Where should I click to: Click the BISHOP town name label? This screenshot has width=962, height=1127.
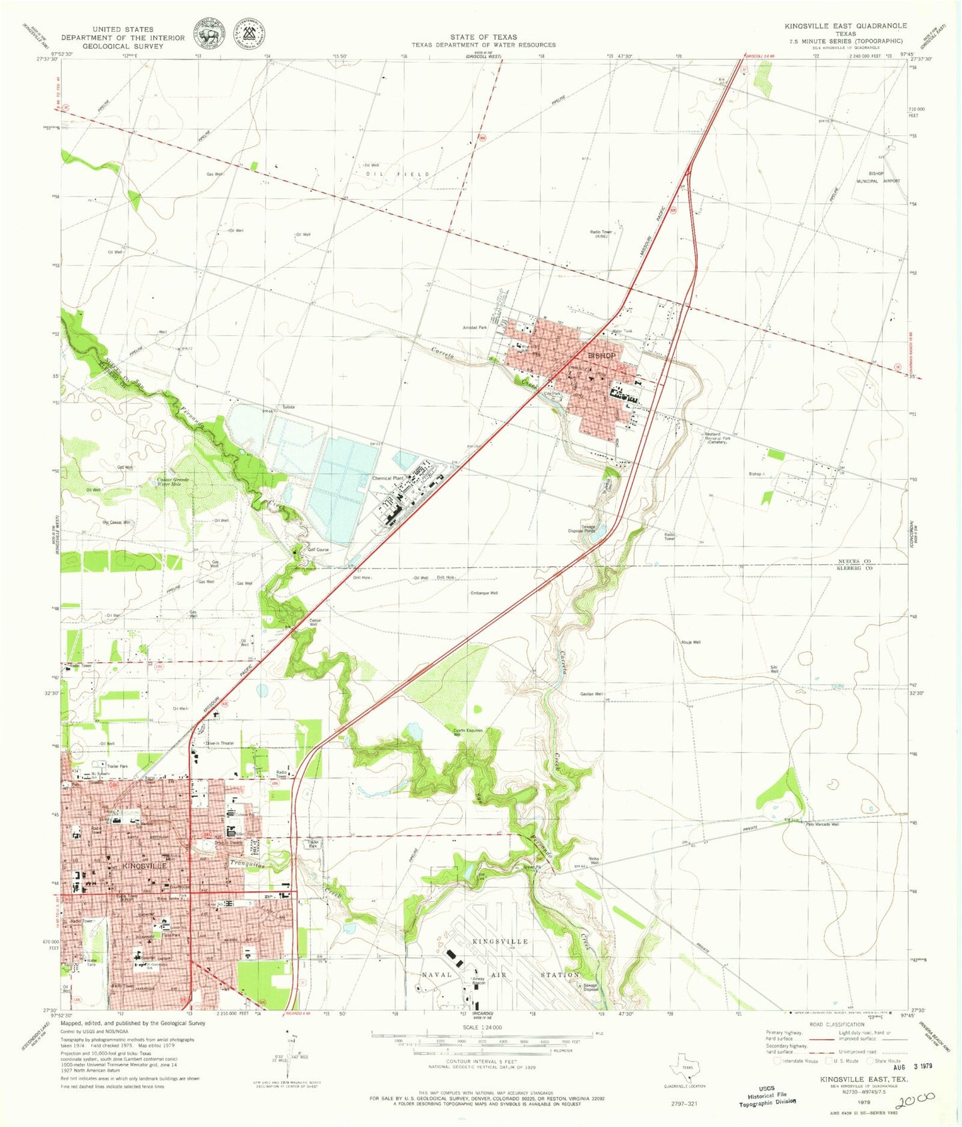pyautogui.click(x=601, y=356)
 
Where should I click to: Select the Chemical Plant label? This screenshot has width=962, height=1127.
pyautogui.click(x=387, y=478)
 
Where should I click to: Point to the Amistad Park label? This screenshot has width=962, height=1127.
pyautogui.click(x=475, y=328)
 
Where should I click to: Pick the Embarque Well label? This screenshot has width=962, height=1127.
pyautogui.click(x=484, y=593)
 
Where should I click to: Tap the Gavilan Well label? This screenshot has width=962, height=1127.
pyautogui.click(x=591, y=694)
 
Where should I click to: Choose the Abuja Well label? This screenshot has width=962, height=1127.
pyautogui.click(x=690, y=642)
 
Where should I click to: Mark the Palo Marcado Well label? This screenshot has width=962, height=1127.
pyautogui.click(x=822, y=825)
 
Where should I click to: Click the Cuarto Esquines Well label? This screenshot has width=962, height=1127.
pyautogui.click(x=467, y=732)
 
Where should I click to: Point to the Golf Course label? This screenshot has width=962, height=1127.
pyautogui.click(x=318, y=550)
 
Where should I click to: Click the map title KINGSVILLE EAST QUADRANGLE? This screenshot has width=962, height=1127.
pyautogui.click(x=845, y=26)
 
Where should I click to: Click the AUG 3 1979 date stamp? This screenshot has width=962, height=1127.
pyautogui.click(x=913, y=1066)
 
